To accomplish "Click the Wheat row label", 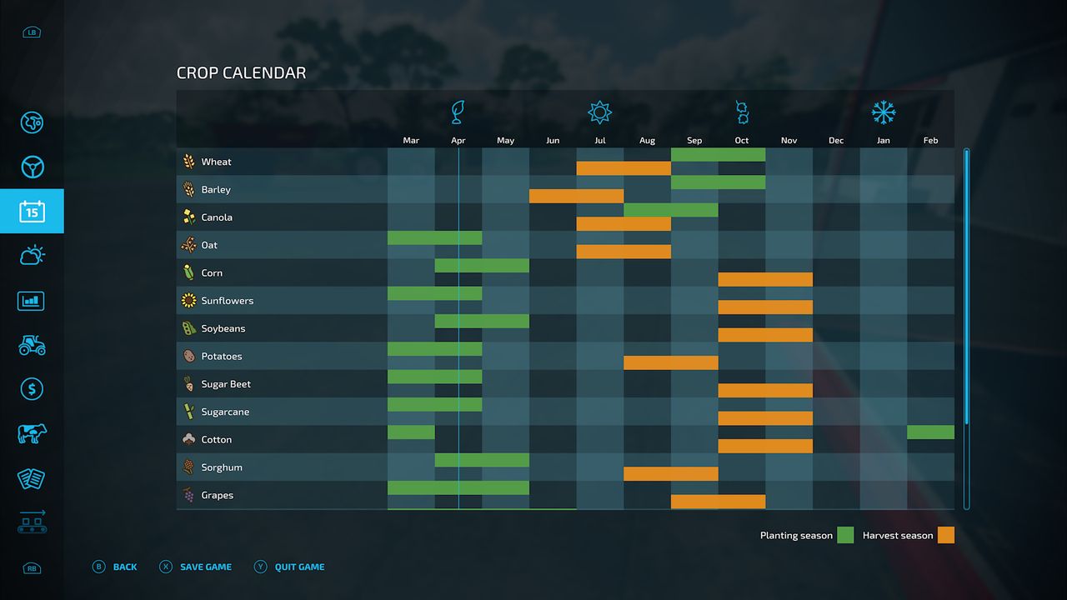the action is [x=216, y=162].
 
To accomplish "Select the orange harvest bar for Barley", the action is [x=576, y=197].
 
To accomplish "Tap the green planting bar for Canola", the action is [x=670, y=210].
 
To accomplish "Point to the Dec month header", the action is [x=836, y=141].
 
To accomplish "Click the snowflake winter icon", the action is [x=883, y=112].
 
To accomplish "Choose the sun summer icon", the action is [x=599, y=112].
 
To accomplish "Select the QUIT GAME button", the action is [x=299, y=567].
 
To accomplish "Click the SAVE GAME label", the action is [x=206, y=567].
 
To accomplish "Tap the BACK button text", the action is [x=125, y=567].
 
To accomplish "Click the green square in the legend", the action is [x=845, y=535].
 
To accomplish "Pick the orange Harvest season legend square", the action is [x=945, y=535].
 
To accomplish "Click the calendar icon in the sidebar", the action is [x=32, y=212].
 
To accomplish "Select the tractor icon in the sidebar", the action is [x=32, y=345].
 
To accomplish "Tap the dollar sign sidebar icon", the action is [x=32, y=389].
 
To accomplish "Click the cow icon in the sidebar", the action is [x=32, y=433].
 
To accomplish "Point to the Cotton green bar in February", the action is [x=930, y=432].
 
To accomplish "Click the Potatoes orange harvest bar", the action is [x=670, y=363].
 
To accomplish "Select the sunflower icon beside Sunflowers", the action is [x=189, y=301].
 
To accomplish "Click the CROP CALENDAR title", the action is [x=241, y=73].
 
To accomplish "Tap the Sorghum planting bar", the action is [x=482, y=460].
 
